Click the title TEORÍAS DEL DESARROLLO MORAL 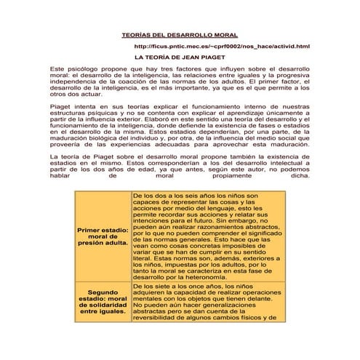tap(179, 35)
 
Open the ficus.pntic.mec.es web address tap(223, 47)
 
